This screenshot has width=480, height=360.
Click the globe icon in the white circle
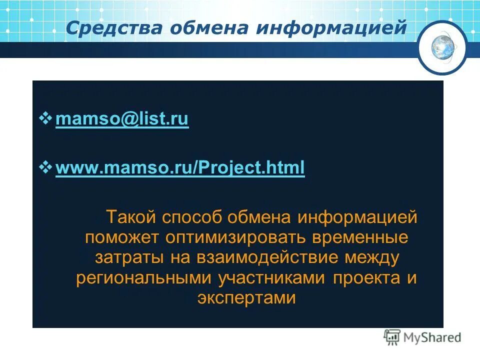[x=442, y=48]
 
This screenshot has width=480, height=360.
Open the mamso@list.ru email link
[x=122, y=119]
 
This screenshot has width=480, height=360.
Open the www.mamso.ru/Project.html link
[x=180, y=168]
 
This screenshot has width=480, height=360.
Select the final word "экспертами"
[x=246, y=298]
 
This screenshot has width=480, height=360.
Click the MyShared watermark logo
[x=422, y=338]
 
